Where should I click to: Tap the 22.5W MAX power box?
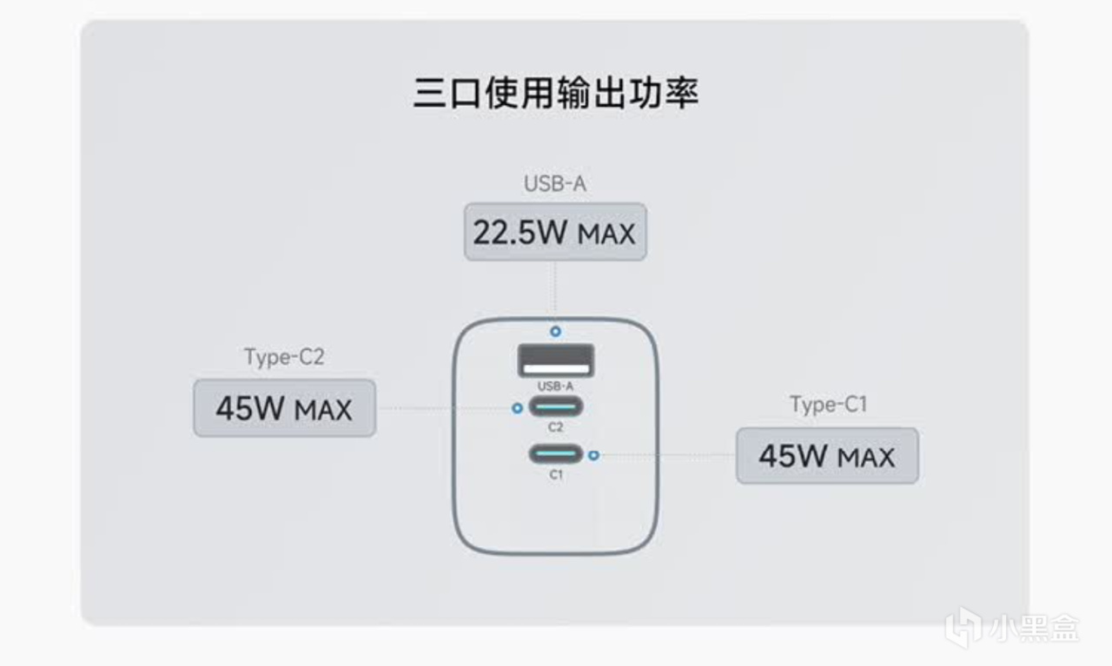tap(555, 232)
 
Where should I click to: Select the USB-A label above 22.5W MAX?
tap(554, 184)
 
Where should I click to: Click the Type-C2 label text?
tap(284, 357)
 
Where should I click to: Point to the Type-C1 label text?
tap(828, 405)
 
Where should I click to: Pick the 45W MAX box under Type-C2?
tap(284, 408)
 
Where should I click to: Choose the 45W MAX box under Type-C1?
tap(827, 456)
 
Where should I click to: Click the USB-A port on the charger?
tap(556, 360)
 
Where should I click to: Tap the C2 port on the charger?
tap(556, 406)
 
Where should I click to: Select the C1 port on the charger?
tap(556, 454)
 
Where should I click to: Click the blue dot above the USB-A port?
tap(555, 332)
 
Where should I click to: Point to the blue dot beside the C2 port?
tap(518, 407)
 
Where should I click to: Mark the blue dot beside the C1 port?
tap(593, 454)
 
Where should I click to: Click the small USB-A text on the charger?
tap(556, 386)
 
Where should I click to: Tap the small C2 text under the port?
tap(556, 427)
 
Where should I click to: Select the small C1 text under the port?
tap(556, 475)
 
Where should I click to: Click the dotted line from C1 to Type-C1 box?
tap(665, 454)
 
